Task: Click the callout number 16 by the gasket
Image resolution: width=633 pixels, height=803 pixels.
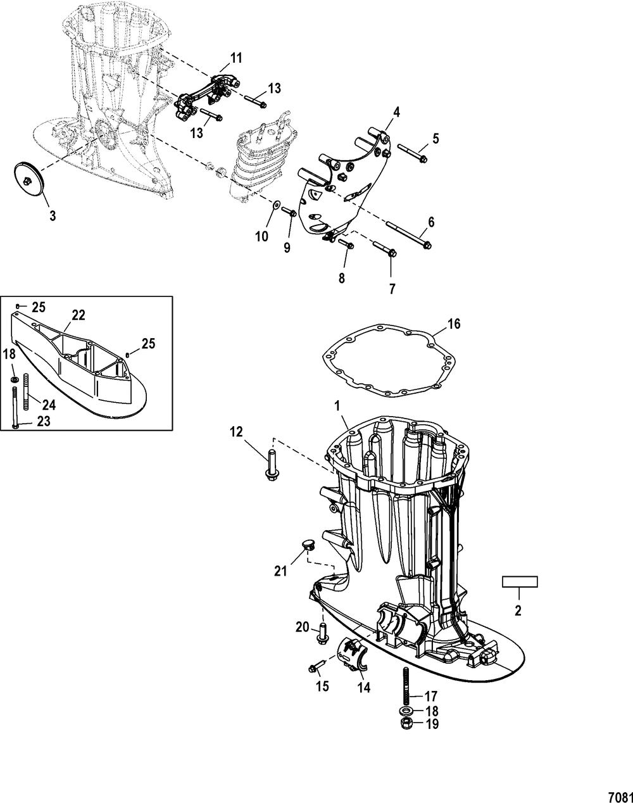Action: (454, 325)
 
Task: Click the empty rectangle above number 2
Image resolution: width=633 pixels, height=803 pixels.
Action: (520, 581)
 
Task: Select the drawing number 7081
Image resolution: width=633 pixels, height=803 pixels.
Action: (619, 794)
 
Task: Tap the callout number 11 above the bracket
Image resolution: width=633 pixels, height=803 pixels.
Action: (236, 58)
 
